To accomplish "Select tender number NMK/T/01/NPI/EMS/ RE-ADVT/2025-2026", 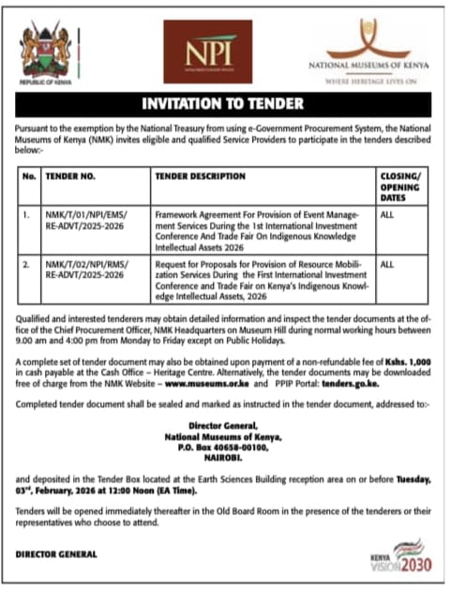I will coord(86,220).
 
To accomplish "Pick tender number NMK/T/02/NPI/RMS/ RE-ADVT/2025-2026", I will coord(86,270).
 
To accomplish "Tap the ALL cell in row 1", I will coord(387,215).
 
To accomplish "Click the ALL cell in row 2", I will coord(387,266).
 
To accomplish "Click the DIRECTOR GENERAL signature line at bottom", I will coord(57,554).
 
